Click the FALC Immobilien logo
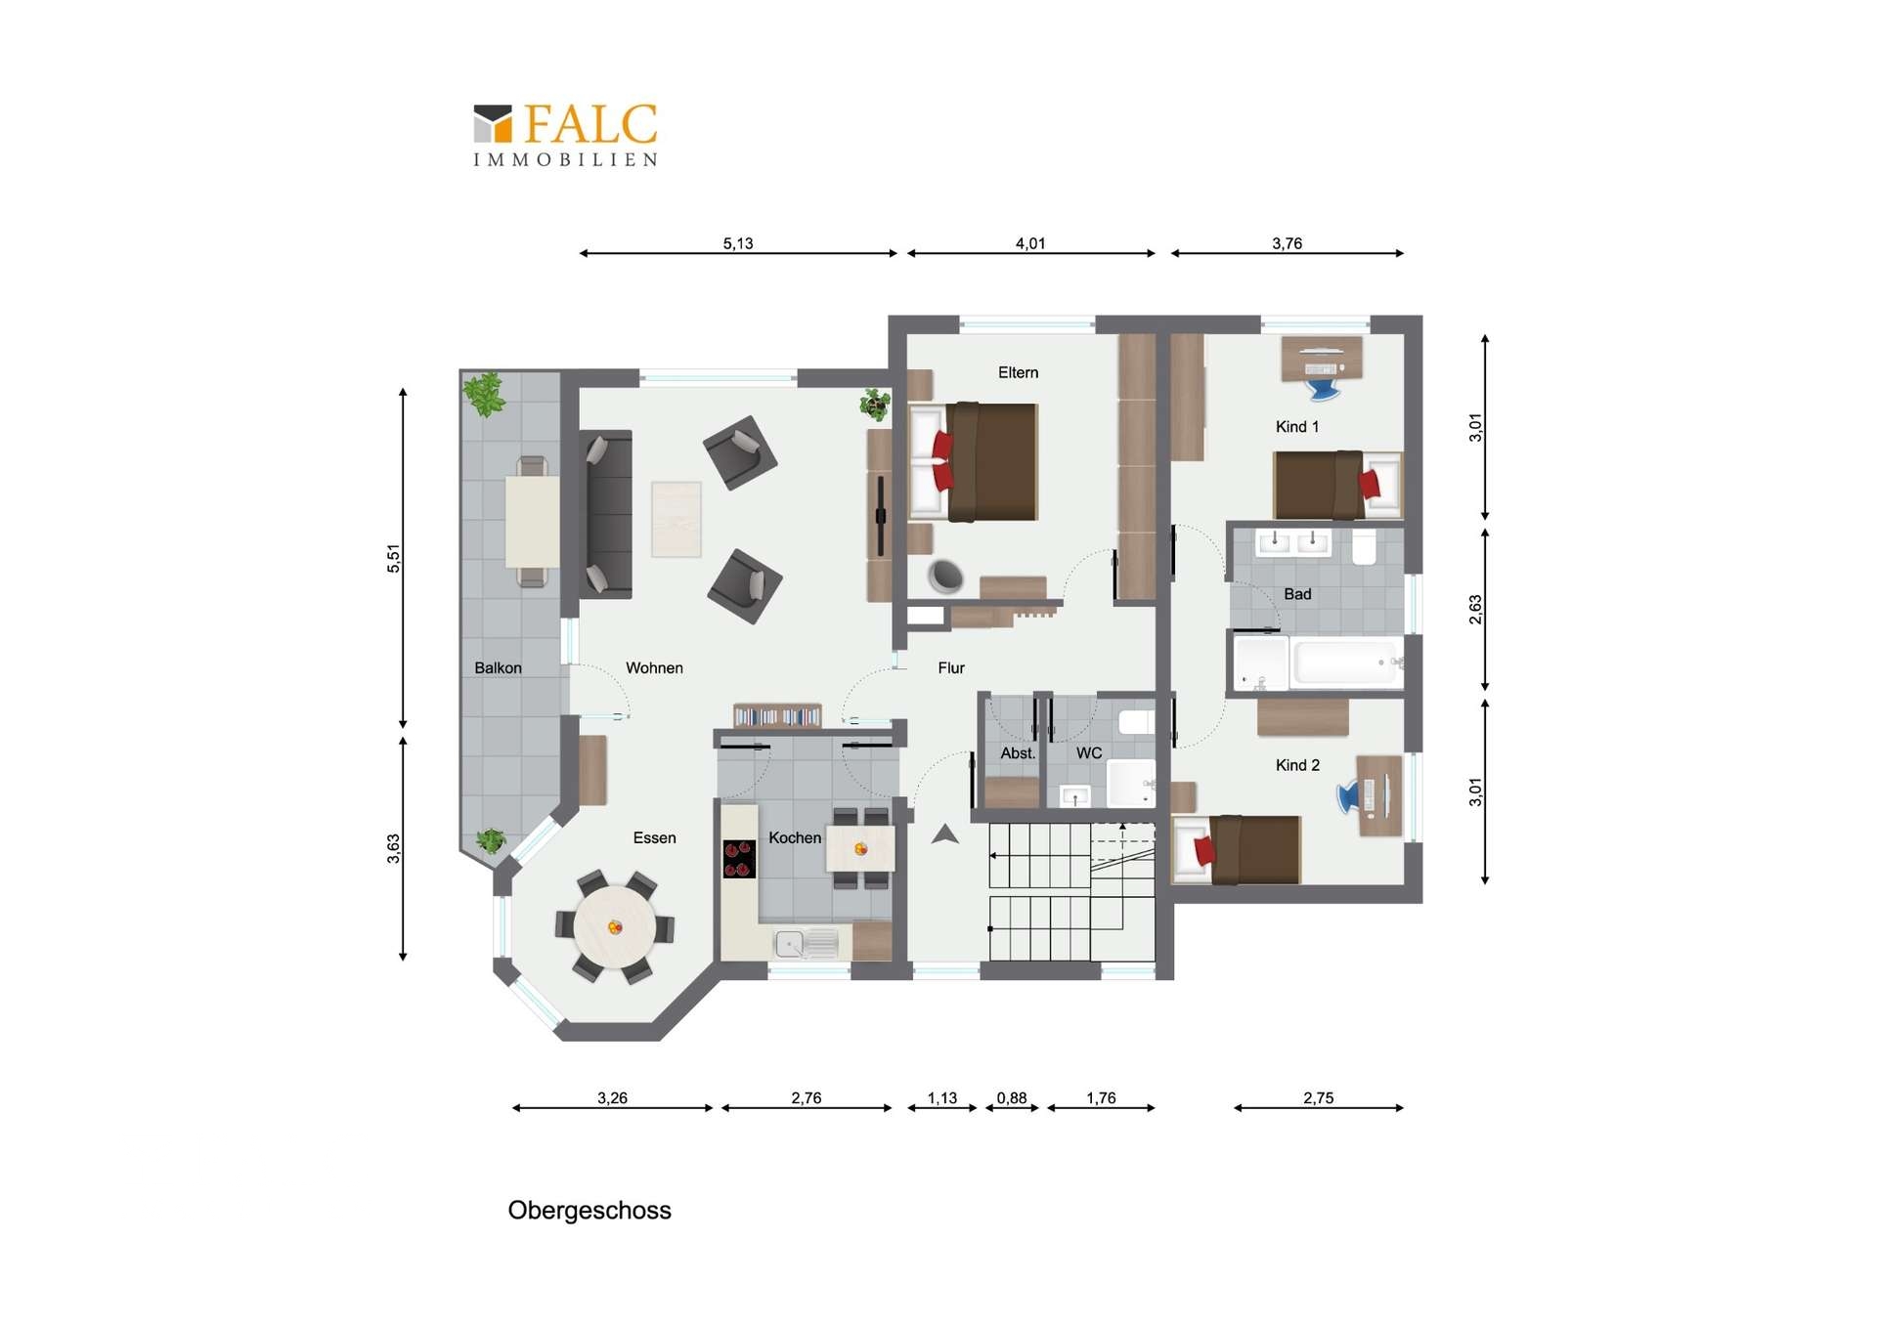click(565, 135)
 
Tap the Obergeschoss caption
click(589, 1210)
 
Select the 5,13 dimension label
click(738, 243)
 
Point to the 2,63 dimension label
click(1475, 609)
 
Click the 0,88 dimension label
click(1012, 1097)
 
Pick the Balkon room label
click(498, 667)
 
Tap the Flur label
click(951, 667)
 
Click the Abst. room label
click(1018, 753)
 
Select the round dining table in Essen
click(615, 926)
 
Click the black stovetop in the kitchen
click(739, 859)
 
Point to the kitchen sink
click(807, 943)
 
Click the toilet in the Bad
click(1365, 546)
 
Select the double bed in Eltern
click(974, 461)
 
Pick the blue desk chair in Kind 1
click(1323, 389)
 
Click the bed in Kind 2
click(1237, 849)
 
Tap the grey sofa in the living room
click(606, 514)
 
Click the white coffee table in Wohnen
click(677, 519)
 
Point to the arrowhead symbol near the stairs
click(944, 834)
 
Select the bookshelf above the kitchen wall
click(777, 715)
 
